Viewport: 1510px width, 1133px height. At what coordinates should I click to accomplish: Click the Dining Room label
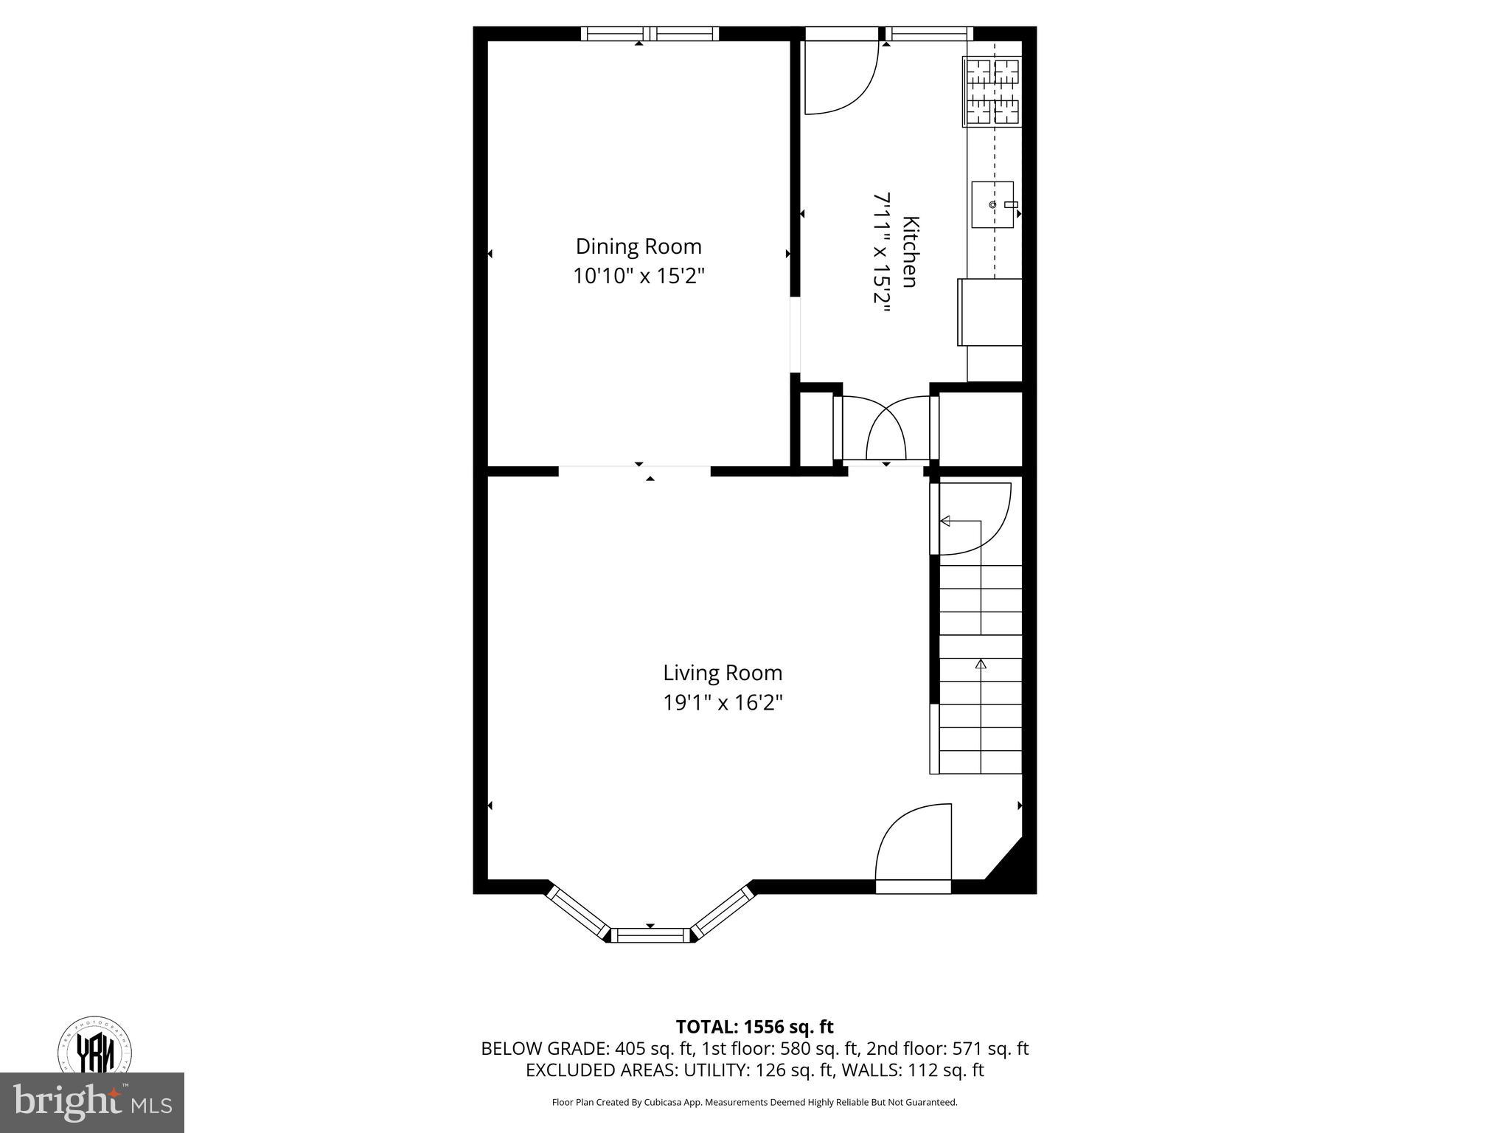(x=638, y=246)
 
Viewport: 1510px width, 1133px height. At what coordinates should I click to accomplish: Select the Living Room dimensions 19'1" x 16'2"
(x=722, y=702)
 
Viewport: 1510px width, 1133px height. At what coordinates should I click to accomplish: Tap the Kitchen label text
(x=910, y=252)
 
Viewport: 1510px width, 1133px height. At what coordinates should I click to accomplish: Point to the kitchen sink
(x=992, y=204)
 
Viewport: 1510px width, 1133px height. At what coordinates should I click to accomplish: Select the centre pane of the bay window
(x=650, y=935)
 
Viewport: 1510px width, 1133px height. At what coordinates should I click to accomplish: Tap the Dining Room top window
(x=649, y=33)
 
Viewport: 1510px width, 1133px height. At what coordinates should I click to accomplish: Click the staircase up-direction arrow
(x=981, y=664)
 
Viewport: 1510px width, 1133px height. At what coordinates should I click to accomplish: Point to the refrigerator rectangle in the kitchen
(x=990, y=311)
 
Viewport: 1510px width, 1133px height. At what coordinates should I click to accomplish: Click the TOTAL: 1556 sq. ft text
(x=754, y=1027)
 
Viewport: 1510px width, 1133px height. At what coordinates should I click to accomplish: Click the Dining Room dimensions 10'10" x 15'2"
(x=639, y=277)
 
